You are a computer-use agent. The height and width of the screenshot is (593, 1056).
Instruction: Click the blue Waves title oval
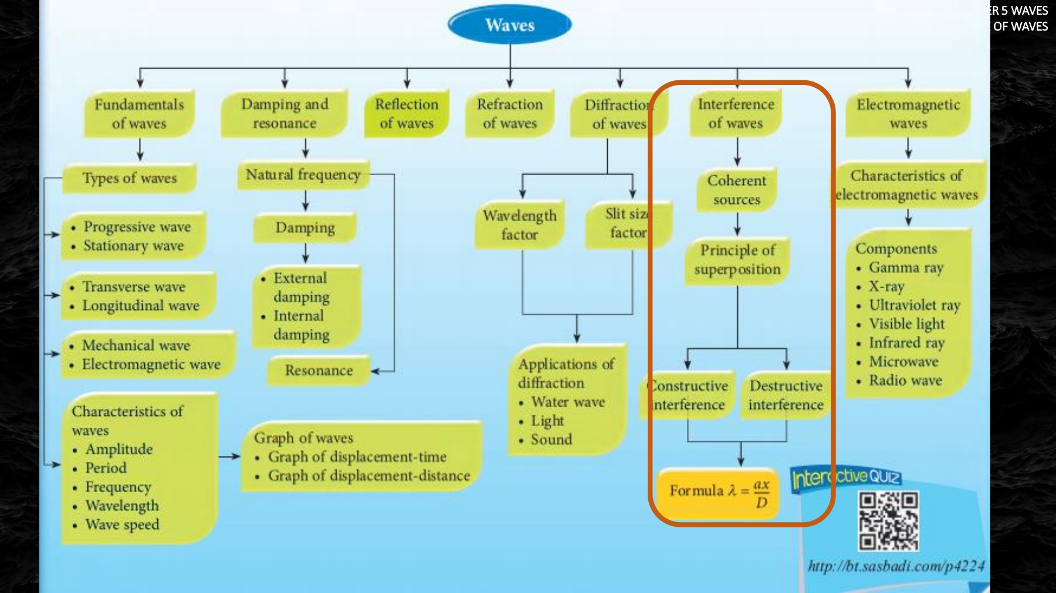point(509,25)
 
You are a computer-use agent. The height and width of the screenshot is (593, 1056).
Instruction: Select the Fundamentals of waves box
point(139,114)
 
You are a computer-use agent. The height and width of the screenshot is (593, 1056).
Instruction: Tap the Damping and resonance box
point(285,114)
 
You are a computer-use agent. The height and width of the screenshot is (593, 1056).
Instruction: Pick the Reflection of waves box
point(407,114)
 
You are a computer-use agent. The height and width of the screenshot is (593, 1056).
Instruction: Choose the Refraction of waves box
point(510,114)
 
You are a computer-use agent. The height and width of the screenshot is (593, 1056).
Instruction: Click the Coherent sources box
point(737,190)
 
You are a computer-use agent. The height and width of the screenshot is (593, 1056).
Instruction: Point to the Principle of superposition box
point(737,260)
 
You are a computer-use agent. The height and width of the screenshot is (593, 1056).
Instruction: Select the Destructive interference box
point(786,396)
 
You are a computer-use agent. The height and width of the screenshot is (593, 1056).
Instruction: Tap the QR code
point(888,521)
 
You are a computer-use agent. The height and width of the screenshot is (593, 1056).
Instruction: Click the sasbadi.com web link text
point(896,566)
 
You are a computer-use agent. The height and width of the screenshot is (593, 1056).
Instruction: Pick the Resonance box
point(319,370)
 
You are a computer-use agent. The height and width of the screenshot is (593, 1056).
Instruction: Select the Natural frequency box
point(303,175)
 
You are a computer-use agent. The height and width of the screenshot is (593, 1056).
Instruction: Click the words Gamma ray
point(906,268)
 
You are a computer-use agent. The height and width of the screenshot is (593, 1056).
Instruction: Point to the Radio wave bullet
point(905,380)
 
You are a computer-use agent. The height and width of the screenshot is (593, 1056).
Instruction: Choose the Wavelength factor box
point(519,225)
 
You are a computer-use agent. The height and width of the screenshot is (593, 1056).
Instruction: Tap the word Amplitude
point(119,449)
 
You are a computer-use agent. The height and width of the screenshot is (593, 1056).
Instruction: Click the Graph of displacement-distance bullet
point(368,476)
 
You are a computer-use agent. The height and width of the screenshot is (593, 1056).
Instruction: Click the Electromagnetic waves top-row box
point(908,114)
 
